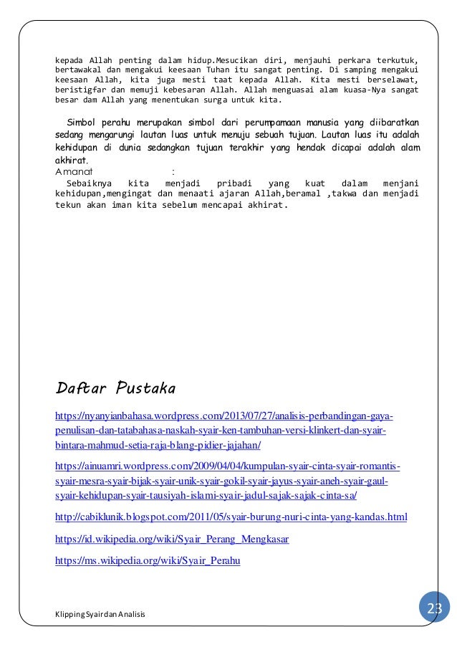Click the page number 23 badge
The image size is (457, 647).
tap(435, 608)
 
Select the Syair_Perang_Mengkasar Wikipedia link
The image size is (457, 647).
tap(172, 539)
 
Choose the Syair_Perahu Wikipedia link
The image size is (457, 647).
tap(148, 561)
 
